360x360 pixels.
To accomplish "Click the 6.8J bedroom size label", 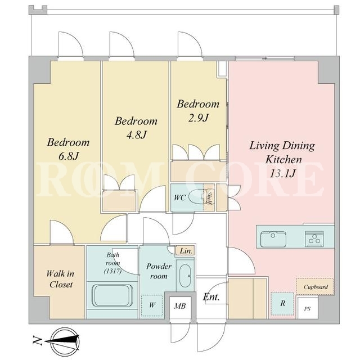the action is coord(69,156).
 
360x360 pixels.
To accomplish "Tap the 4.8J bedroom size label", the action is coord(136,135).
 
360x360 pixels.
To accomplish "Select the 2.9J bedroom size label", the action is coord(198,118).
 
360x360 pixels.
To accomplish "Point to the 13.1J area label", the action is coord(282,173).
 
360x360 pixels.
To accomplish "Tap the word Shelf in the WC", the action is coord(209,196).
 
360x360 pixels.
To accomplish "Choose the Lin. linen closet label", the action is coord(186,251).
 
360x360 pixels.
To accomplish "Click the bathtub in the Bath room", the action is coord(112,295).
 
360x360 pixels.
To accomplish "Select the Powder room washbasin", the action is coord(185,276).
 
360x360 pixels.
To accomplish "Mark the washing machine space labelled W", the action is coord(152,305).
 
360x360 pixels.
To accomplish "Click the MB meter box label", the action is coord(180,306).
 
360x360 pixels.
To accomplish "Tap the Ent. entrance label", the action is coord(211,297).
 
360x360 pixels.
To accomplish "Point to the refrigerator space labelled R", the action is coord(282,304).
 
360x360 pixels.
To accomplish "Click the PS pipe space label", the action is coord(308,309).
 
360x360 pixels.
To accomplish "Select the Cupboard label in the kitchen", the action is coord(316,287).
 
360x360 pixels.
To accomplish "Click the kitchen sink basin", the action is coord(273,240).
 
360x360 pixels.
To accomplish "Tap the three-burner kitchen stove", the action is coord(314,238).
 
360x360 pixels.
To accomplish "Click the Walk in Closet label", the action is coord(60,279).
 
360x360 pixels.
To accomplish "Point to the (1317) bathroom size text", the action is coord(112,271).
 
